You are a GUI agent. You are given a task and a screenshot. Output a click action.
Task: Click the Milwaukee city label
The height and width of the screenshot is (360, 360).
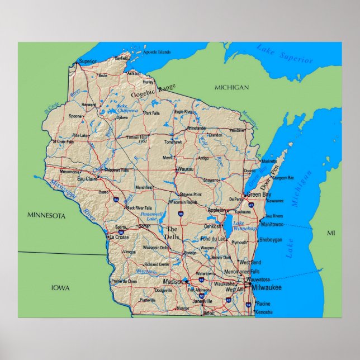click(266, 287)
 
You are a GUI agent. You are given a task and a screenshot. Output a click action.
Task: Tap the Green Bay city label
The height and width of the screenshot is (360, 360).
click(259, 194)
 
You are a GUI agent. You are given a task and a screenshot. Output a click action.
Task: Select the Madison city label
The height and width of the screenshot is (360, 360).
click(173, 282)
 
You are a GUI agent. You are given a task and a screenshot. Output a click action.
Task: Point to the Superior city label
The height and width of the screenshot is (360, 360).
click(88, 61)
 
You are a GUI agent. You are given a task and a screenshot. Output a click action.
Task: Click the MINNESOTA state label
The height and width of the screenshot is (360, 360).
click(46, 215)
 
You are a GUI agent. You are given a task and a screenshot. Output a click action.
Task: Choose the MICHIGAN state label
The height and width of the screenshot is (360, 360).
click(231, 88)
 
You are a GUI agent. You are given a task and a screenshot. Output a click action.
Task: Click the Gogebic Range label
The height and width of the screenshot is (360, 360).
click(153, 91)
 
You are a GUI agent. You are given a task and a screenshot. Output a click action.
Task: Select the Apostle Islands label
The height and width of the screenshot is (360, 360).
click(157, 52)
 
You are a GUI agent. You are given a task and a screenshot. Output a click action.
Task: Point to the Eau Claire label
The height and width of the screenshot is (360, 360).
click(87, 179)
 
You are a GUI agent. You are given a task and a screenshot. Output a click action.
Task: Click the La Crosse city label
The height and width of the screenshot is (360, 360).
click(119, 237)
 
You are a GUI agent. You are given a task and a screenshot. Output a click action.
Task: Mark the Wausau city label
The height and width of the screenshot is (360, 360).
click(185, 169)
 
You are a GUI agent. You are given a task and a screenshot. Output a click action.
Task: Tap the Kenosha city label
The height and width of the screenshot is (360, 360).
click(263, 311)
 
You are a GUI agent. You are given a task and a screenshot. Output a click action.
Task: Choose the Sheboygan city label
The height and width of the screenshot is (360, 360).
click(271, 240)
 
